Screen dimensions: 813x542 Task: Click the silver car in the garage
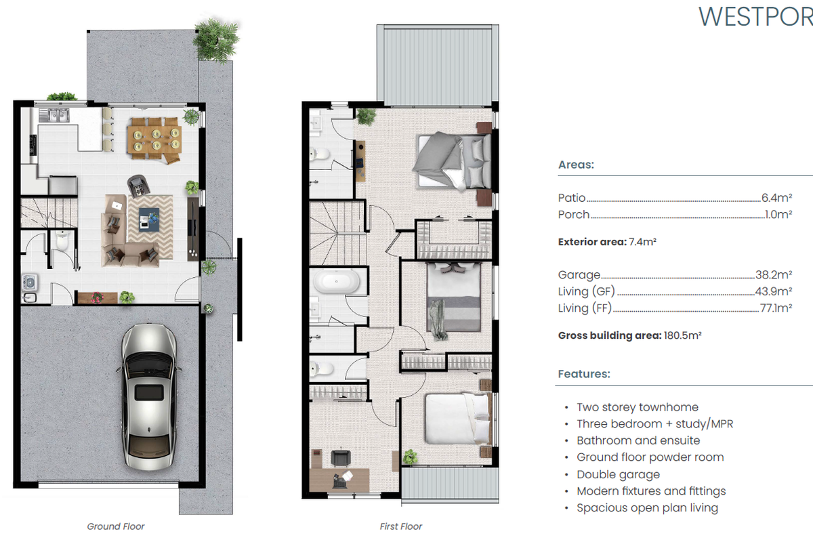(x=149, y=397)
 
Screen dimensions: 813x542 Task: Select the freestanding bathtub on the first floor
(x=337, y=281)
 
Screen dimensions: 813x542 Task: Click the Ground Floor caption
(x=116, y=526)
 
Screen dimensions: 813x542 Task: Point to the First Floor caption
(x=400, y=526)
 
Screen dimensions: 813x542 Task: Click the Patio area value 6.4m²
(x=776, y=198)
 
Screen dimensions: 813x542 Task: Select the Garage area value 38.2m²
(x=774, y=275)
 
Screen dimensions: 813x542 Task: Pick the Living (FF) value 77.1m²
(x=776, y=308)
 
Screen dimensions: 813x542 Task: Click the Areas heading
(x=576, y=165)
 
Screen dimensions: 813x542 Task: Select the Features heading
(x=584, y=374)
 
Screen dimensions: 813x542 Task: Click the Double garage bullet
(x=618, y=474)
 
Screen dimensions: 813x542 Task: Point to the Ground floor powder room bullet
(x=650, y=457)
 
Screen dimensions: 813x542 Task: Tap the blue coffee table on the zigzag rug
(x=149, y=220)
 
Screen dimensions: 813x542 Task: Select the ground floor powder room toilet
(x=62, y=241)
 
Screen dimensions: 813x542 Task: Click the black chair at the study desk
(x=341, y=458)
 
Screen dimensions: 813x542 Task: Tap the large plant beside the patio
(x=216, y=39)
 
